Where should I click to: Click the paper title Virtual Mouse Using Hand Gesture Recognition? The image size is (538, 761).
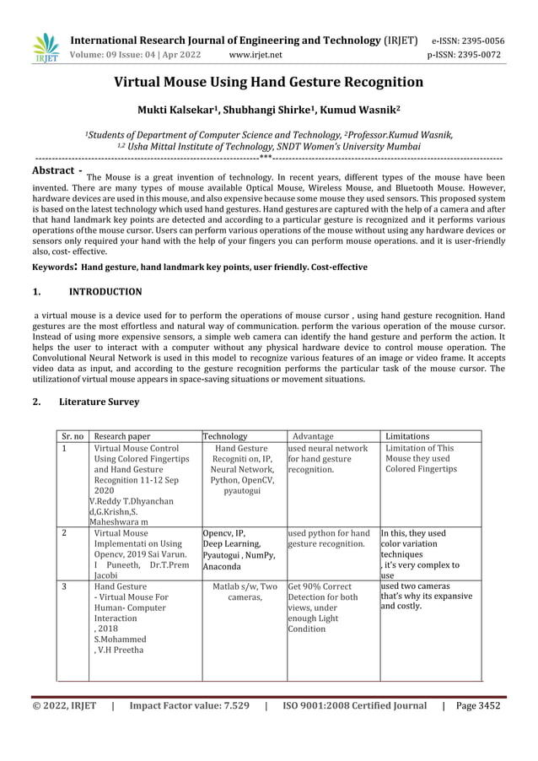click(x=269, y=83)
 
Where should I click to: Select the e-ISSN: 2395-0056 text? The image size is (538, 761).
click(x=468, y=40)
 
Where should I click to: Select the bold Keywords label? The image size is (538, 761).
click(x=55, y=267)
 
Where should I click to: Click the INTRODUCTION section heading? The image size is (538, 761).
click(x=105, y=292)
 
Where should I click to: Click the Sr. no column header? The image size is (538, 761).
click(x=73, y=436)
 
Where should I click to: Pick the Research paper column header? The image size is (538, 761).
click(x=122, y=436)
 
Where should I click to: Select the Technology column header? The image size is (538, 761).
click(x=225, y=436)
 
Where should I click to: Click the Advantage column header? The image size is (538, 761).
click(x=312, y=436)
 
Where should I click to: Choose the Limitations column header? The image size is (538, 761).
click(x=407, y=436)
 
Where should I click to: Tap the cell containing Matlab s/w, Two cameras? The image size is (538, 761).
click(x=245, y=592)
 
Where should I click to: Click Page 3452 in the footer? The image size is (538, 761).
click(x=477, y=705)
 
